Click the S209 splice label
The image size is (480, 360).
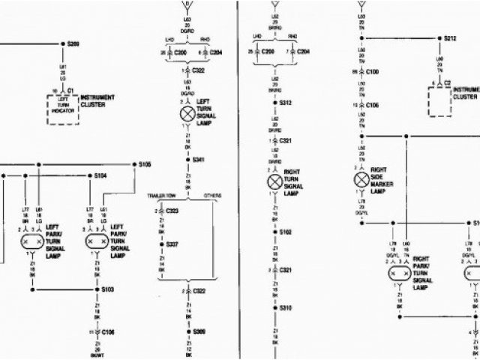(x=73, y=43)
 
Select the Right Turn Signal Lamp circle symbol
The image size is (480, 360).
(x=274, y=181)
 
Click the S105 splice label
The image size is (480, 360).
(x=145, y=164)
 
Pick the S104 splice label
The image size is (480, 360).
(x=100, y=175)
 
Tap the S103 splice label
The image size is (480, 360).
(x=107, y=289)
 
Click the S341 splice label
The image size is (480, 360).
(x=198, y=160)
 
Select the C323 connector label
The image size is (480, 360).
(x=172, y=212)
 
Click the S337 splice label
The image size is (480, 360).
(x=172, y=244)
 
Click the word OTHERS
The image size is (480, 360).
(x=212, y=195)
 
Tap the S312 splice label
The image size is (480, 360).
(x=285, y=102)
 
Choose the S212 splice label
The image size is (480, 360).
(x=451, y=37)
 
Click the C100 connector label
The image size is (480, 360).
(x=373, y=71)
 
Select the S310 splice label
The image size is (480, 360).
(x=285, y=308)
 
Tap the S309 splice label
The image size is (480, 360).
(x=198, y=331)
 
